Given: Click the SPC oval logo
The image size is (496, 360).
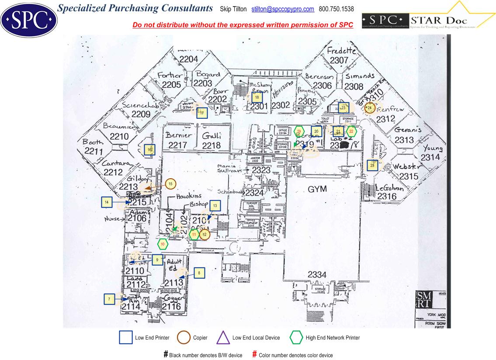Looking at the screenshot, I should click(x=29, y=19).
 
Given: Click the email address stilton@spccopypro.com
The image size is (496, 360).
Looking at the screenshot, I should click(x=283, y=9).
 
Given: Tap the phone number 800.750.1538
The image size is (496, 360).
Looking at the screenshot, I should click(x=336, y=9).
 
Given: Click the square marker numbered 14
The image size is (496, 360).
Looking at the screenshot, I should click(x=107, y=202).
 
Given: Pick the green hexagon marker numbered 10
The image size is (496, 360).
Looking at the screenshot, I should click(x=163, y=244).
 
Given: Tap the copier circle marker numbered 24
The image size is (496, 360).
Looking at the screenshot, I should click(x=370, y=107).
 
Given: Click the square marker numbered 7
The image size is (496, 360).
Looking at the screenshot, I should click(x=109, y=299).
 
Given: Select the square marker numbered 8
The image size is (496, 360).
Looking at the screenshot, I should click(x=199, y=273).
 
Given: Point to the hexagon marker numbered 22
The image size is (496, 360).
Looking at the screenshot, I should click(x=351, y=131).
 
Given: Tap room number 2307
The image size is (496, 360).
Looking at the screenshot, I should click(x=339, y=61).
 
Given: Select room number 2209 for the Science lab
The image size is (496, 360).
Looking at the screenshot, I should click(x=141, y=114).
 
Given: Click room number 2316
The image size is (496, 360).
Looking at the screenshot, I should click(x=387, y=197).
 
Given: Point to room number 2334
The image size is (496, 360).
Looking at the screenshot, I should click(x=317, y=275).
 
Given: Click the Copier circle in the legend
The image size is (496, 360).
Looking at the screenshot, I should click(x=184, y=338).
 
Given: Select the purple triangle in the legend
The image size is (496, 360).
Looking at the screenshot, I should click(x=223, y=338).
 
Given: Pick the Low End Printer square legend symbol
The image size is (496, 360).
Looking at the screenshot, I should click(x=126, y=338).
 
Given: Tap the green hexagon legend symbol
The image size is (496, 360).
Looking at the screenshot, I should click(x=296, y=338).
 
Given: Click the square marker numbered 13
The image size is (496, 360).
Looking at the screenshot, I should click(x=215, y=205).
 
